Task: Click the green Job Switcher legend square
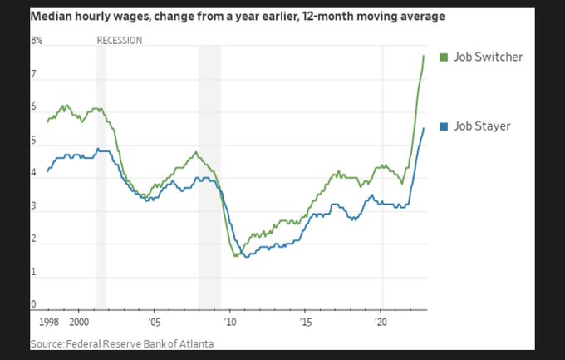tap(443, 57)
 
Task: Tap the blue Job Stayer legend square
tap(443, 126)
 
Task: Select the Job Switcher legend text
tap(488, 57)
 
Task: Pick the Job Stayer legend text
tap(482, 126)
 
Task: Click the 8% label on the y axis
tap(36, 41)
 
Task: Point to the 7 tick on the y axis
tap(33, 75)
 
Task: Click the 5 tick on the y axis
tap(33, 141)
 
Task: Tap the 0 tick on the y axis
tap(33, 305)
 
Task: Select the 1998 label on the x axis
tap(49, 320)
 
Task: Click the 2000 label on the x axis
tap(79, 320)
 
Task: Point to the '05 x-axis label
tap(155, 320)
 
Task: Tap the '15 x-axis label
tap(306, 320)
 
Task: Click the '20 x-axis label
tap(381, 320)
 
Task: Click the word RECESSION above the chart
tap(120, 41)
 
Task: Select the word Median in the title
tap(52, 17)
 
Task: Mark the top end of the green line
tap(424, 55)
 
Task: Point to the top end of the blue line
tap(424, 127)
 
